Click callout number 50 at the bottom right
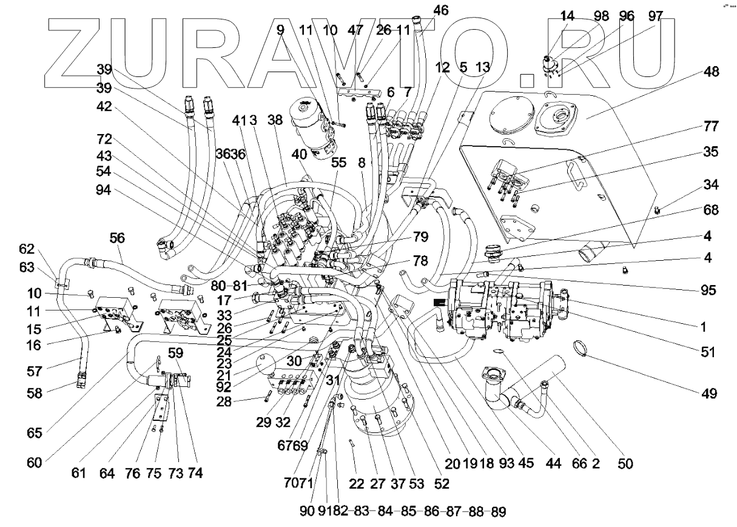coord(625,464)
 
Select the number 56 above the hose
coord(117,240)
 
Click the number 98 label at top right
coord(602,16)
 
